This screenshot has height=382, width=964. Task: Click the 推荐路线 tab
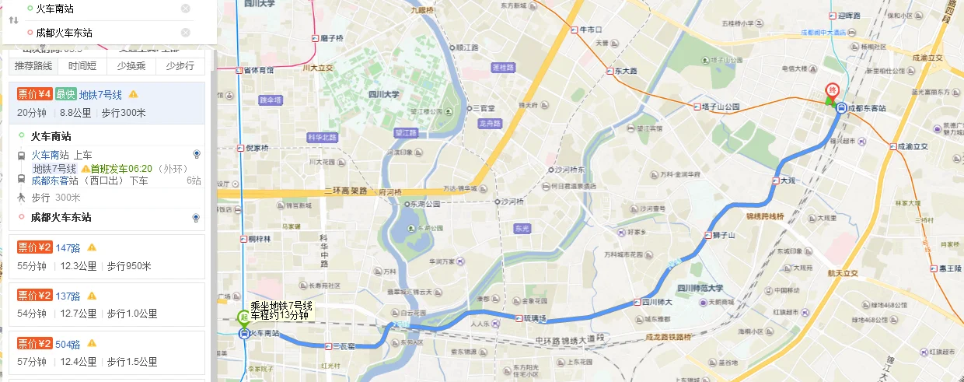[33, 66]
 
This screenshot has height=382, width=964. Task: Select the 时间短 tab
[82, 66]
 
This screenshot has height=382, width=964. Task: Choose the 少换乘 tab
[131, 66]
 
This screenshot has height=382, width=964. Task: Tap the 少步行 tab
[180, 66]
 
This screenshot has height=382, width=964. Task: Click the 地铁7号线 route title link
[100, 95]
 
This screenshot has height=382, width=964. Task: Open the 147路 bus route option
[68, 248]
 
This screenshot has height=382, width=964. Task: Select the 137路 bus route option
[68, 296]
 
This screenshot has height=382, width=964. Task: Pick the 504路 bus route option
[68, 343]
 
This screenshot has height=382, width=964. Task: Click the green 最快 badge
[65, 95]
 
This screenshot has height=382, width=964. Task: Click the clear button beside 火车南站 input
[186, 9]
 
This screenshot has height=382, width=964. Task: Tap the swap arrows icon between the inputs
[13, 20]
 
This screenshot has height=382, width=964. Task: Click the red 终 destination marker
[832, 90]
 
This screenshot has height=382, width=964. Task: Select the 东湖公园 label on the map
[425, 204]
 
